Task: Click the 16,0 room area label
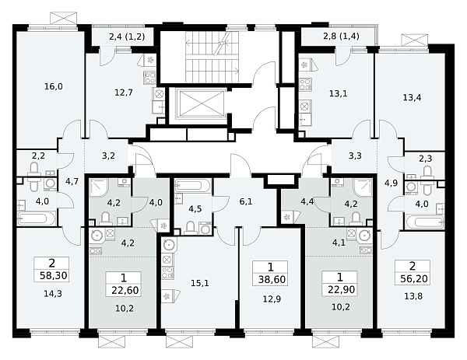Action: pyautogui.click(x=54, y=86)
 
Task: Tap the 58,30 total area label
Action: pyautogui.click(x=54, y=275)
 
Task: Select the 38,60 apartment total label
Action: pyautogui.click(x=272, y=279)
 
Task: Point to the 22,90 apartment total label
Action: pyautogui.click(x=341, y=289)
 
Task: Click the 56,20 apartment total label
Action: pyautogui.click(x=414, y=279)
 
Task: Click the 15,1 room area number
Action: pyautogui.click(x=200, y=283)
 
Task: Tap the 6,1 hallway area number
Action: pyautogui.click(x=246, y=201)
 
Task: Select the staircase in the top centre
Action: pyautogui.click(x=212, y=57)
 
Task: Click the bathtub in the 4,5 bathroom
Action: pyautogui.click(x=193, y=187)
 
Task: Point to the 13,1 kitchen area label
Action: pyautogui.click(x=339, y=94)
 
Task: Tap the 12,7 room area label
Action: pyautogui.click(x=124, y=93)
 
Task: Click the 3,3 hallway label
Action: pyautogui.click(x=356, y=156)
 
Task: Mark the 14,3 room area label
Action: pyautogui.click(x=53, y=294)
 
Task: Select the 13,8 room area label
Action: pyautogui.click(x=414, y=296)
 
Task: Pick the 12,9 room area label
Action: pyautogui.click(x=272, y=299)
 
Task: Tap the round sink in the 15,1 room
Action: pyautogui.click(x=169, y=245)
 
